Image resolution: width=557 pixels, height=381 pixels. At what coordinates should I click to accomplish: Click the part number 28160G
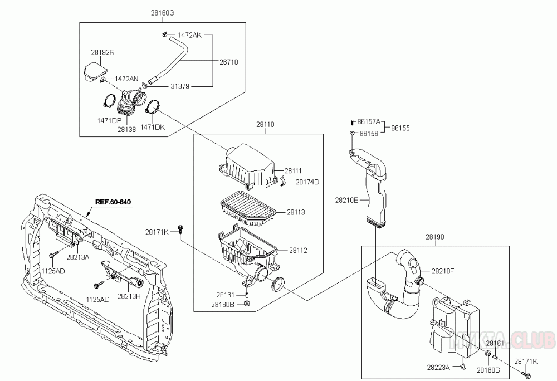tap(162, 13)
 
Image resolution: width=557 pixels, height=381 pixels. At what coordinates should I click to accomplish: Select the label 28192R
tap(102, 52)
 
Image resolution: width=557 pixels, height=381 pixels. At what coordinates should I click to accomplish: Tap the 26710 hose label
tap(229, 62)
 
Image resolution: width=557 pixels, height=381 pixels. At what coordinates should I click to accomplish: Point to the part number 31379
tap(180, 86)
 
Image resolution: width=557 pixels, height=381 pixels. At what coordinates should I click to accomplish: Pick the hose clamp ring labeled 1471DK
tap(152, 106)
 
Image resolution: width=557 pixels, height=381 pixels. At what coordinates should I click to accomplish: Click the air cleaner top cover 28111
tap(248, 166)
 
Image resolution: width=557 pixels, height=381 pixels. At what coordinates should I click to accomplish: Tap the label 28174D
tap(307, 182)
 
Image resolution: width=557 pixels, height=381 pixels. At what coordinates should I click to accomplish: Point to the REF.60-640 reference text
tap(113, 202)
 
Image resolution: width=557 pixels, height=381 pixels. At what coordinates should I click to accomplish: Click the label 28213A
tap(77, 257)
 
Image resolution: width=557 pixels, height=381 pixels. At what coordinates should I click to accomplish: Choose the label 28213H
tap(129, 296)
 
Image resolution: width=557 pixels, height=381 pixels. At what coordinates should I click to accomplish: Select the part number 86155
tap(400, 128)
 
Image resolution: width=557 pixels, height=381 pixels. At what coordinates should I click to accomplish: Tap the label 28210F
tap(443, 271)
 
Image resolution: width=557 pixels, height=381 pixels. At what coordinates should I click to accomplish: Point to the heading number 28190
tap(435, 237)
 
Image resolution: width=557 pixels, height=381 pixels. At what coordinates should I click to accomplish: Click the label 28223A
tap(438, 367)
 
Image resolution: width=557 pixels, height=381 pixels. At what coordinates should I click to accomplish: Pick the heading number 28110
tap(265, 125)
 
